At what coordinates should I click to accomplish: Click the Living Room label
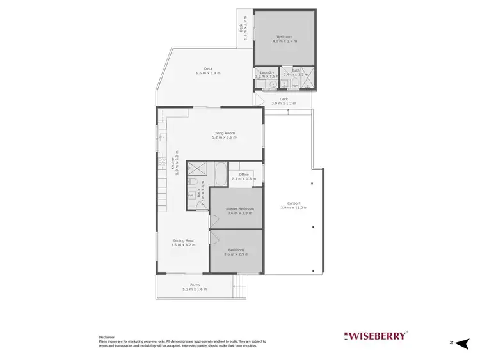(225, 133)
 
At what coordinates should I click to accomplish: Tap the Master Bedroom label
(239, 209)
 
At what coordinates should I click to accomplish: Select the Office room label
(243, 175)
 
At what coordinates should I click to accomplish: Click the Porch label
(195, 285)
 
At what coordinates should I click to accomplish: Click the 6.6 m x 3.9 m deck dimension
(208, 74)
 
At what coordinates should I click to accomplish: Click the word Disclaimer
(106, 336)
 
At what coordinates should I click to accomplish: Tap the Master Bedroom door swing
(213, 223)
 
